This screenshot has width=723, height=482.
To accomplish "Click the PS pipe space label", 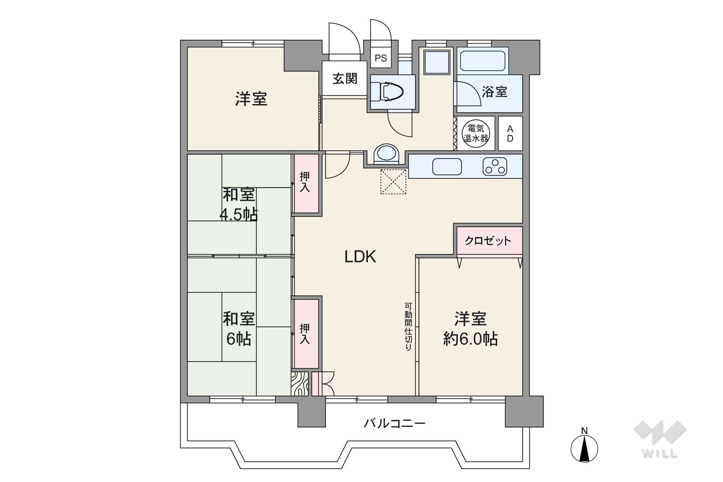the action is click(x=381, y=58).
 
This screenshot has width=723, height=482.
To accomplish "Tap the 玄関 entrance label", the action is click(x=345, y=78).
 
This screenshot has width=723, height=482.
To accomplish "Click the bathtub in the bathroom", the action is click(x=482, y=61).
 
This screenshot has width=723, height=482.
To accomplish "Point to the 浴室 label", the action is click(x=494, y=92).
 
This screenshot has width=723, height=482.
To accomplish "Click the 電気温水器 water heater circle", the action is click(x=476, y=134).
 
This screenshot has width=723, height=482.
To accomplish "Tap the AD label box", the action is click(x=510, y=133).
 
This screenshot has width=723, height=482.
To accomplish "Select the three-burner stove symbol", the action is click(x=495, y=167).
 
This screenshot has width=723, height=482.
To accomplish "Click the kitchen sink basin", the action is click(x=447, y=167).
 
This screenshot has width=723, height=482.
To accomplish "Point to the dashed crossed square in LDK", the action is click(x=393, y=182).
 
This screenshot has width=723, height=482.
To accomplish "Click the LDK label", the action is click(x=360, y=257).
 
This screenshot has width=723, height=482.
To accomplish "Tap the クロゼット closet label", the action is click(x=488, y=241).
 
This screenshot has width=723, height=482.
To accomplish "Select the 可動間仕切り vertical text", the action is click(x=408, y=326).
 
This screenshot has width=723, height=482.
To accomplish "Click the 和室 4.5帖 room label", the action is click(x=239, y=204).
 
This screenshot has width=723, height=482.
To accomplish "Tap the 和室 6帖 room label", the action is click(x=239, y=329).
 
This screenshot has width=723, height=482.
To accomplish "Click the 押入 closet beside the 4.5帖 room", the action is click(x=305, y=183).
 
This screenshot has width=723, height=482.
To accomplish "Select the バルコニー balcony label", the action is click(x=394, y=423).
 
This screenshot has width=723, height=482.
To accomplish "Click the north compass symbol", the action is click(x=584, y=446).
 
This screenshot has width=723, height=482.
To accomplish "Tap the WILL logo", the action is click(x=660, y=439).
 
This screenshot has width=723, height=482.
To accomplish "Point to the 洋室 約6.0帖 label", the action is click(x=470, y=329).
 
